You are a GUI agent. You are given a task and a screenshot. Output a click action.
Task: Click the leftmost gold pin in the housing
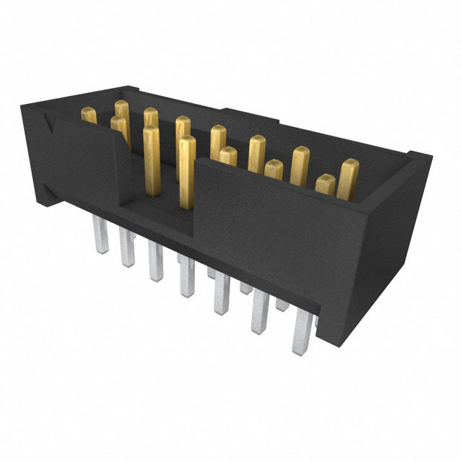point(89,115)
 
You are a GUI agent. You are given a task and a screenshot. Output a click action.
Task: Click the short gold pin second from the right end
point(325,184)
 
